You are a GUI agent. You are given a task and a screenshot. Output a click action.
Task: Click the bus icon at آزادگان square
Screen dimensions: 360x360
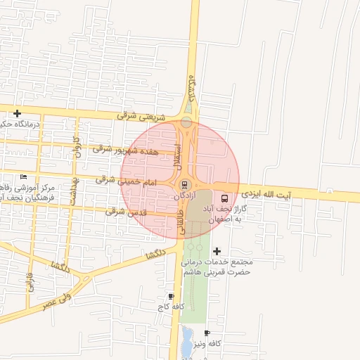(184, 185)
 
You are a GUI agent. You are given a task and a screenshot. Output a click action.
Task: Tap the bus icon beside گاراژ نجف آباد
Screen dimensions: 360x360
(225, 198)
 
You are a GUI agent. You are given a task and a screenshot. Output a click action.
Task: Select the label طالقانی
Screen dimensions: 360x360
(181, 220)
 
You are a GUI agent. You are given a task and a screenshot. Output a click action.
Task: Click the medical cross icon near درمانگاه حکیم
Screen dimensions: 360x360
(17, 113)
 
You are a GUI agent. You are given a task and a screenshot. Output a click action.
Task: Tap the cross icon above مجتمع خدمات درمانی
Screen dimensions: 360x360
(217, 251)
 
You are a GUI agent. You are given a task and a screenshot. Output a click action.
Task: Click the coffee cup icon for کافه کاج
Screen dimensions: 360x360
(171, 297)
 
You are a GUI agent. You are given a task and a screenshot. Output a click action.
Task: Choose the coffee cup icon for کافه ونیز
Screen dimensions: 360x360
(207, 333)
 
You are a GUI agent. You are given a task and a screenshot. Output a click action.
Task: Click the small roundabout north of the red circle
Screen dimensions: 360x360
(186, 123)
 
